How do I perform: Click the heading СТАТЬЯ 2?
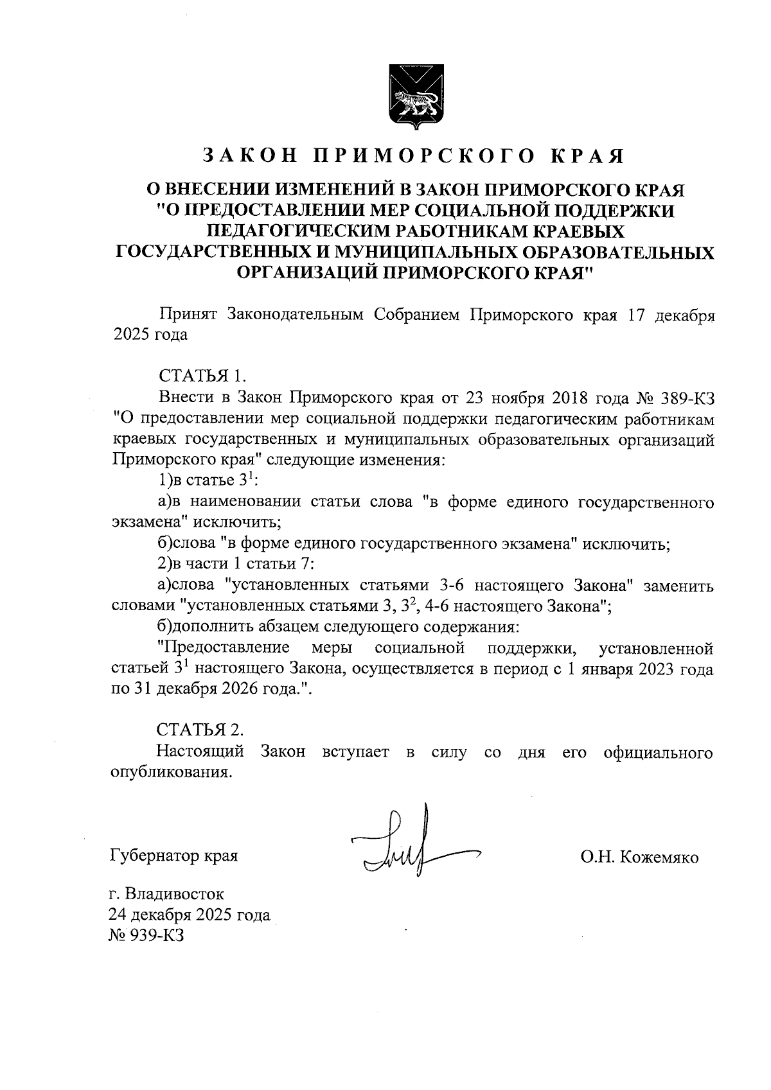[201, 730]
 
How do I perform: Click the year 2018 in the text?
[571, 397]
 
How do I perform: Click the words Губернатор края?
[174, 857]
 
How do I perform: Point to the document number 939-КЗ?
[157, 935]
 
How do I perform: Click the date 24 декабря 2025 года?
[190, 915]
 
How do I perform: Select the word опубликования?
[170, 772]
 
